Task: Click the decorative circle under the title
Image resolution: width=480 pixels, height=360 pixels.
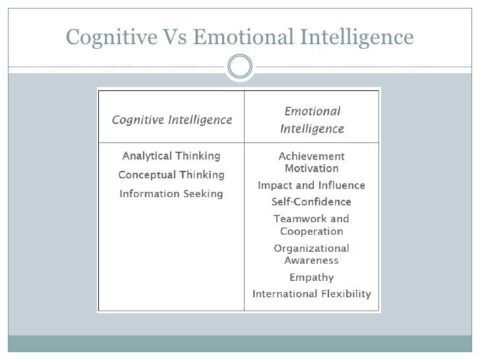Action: click(x=239, y=66)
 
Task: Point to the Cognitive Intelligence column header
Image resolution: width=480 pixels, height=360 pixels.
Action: click(x=171, y=120)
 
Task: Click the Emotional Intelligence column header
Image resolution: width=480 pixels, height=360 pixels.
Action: click(x=312, y=120)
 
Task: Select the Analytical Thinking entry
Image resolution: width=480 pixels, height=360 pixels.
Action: click(x=171, y=156)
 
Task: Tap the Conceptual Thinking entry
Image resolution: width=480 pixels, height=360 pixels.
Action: click(x=171, y=175)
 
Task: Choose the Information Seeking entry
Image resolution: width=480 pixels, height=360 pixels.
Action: click(x=171, y=194)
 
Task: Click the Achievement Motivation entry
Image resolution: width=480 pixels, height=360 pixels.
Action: click(x=312, y=162)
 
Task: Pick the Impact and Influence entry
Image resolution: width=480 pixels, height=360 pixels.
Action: click(x=312, y=185)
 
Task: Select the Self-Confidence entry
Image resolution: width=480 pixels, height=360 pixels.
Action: click(x=312, y=202)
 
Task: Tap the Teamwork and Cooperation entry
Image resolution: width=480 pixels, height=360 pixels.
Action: click(x=312, y=225)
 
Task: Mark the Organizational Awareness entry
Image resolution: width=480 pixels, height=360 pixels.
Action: click(x=312, y=254)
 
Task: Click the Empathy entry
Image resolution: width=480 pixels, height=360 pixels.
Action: click(x=312, y=277)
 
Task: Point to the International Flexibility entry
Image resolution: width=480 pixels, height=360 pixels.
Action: click(x=312, y=293)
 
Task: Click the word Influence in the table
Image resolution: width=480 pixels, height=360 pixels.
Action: click(x=343, y=185)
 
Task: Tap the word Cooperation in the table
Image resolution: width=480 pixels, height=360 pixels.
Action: click(x=312, y=231)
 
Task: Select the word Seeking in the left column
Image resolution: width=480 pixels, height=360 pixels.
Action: click(x=202, y=194)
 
